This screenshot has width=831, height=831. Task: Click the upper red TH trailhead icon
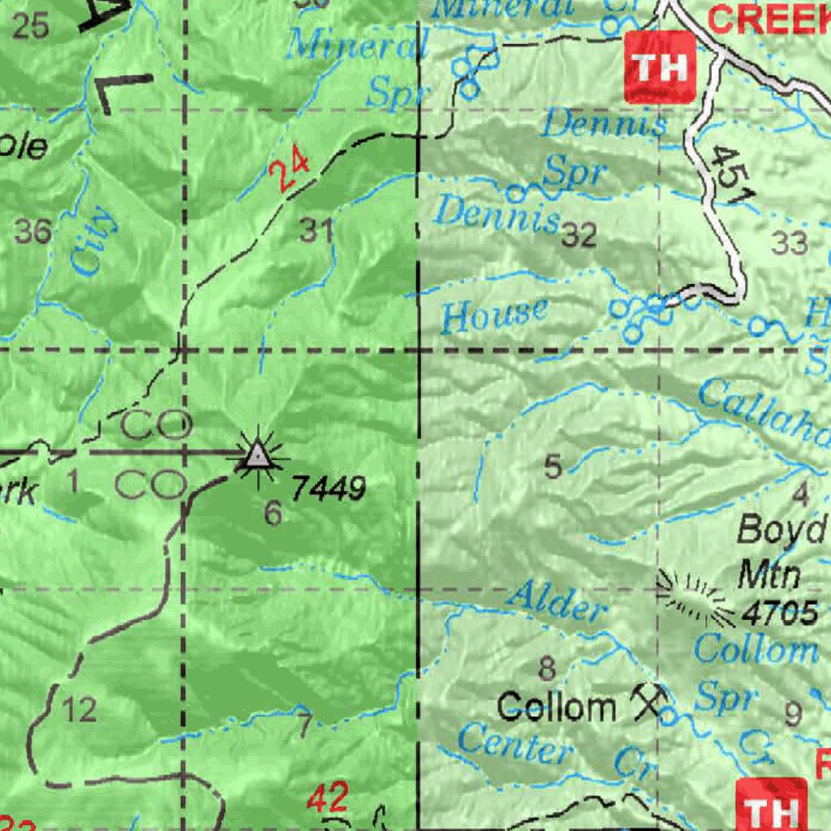[x=660, y=67]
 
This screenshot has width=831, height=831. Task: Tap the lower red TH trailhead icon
[x=771, y=807]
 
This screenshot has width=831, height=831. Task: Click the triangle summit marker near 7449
[x=258, y=456]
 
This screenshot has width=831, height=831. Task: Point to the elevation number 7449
[x=329, y=489]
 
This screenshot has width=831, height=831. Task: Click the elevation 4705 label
[x=780, y=614]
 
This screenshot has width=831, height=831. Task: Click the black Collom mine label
[x=557, y=707]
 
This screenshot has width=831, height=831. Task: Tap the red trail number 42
[x=328, y=799]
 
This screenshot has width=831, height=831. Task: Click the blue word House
[x=494, y=315]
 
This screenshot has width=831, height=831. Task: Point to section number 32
[x=579, y=235]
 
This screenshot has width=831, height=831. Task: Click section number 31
[x=316, y=231]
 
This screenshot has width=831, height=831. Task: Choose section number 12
[x=79, y=711]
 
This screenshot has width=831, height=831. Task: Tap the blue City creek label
[x=91, y=240]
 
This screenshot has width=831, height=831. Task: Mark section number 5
[x=553, y=467]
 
